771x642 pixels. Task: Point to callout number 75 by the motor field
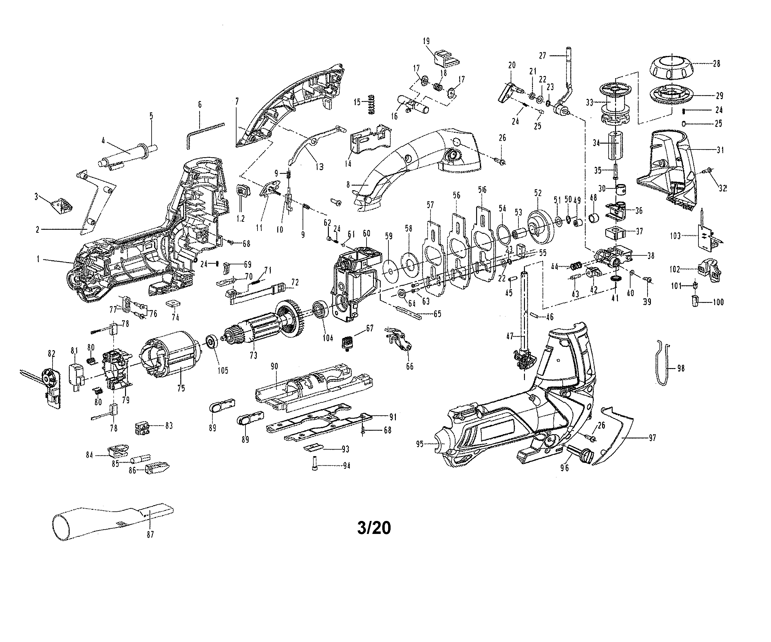click(181, 388)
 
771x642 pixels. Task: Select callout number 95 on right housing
click(420, 444)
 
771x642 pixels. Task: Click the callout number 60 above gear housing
click(367, 233)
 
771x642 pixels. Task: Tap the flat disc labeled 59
click(390, 272)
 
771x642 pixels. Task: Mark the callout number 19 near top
click(426, 41)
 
